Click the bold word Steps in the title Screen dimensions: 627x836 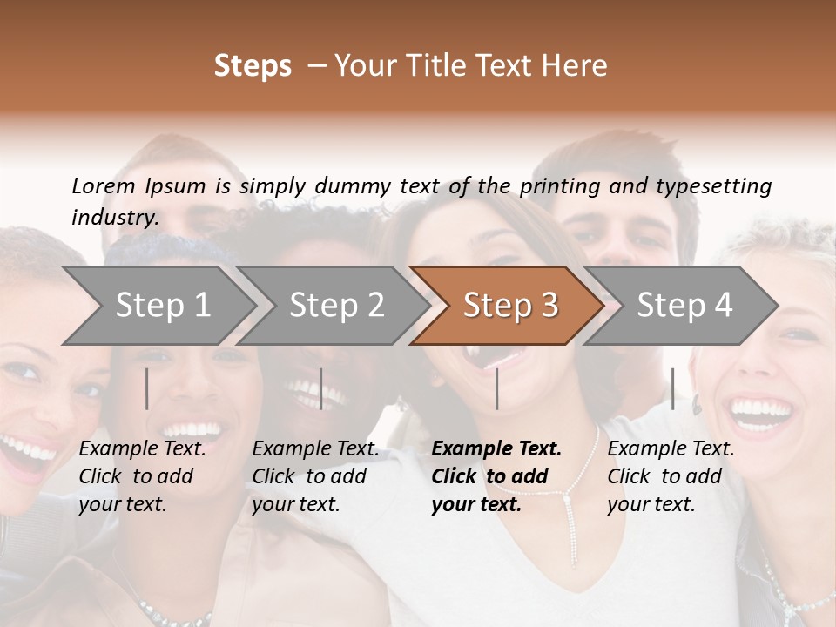(x=253, y=66)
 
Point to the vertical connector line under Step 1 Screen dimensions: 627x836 (x=147, y=388)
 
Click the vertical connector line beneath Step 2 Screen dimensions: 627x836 (x=321, y=388)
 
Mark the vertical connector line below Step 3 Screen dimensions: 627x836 (x=496, y=388)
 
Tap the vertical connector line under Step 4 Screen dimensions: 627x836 (x=672, y=388)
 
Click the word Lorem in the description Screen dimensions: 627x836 (x=104, y=185)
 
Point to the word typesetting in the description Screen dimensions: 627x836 (x=719, y=185)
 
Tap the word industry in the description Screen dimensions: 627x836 (x=115, y=217)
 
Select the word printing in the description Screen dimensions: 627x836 (x=560, y=185)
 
